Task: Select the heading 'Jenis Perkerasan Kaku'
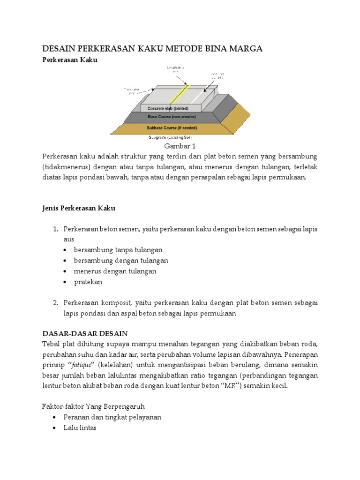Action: (79, 208)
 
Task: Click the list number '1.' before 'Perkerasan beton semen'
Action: (55, 229)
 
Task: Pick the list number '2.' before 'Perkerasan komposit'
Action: (55, 303)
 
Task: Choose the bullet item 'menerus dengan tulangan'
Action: (115, 271)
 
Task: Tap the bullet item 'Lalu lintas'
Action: (85, 427)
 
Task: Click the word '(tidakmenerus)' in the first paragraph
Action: (64, 167)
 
